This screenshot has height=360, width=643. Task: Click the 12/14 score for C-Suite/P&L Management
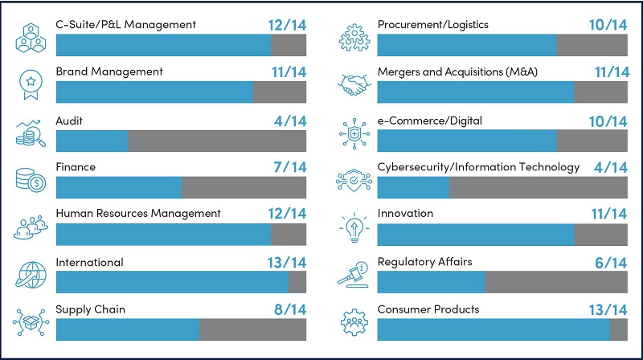[286, 25]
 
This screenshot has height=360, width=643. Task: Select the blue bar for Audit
[92, 141]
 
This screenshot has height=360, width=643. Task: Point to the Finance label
[76, 167]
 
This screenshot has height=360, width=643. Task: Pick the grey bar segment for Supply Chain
[252, 330]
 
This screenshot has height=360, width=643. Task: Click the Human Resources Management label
[137, 214]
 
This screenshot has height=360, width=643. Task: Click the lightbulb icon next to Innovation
[351, 227]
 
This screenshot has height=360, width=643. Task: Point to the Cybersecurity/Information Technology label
[478, 167]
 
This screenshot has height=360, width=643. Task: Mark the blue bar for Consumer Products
[493, 330]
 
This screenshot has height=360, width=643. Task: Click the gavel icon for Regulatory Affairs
[351, 274]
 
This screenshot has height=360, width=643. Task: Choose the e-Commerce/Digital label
[429, 121]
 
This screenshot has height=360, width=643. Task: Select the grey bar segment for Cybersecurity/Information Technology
[539, 188]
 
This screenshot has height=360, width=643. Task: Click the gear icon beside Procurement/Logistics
[351, 37]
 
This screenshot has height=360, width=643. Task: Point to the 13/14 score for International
[286, 263]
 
